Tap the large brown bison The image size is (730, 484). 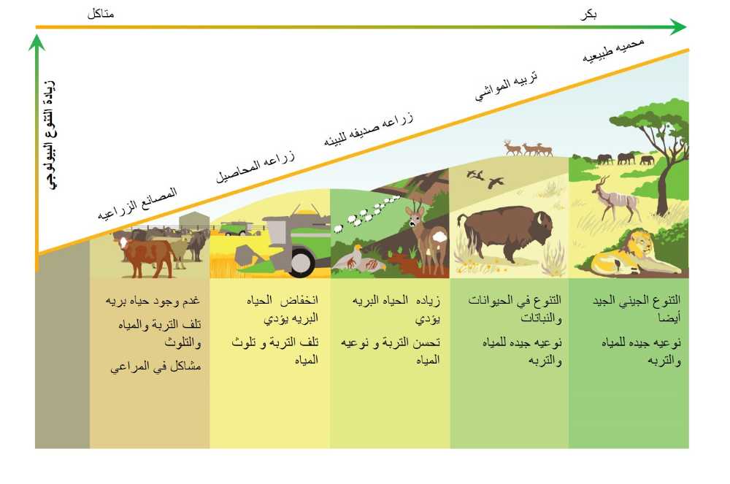coord(505,233)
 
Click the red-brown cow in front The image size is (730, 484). coord(145,256)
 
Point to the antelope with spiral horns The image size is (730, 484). coord(614,199)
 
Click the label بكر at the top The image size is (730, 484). coord(589,15)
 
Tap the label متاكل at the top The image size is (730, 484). coord(101,14)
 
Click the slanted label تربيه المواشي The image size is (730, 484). coord(506,85)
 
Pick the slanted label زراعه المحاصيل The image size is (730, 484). coord(255,166)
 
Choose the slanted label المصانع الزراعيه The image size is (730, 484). coord(137,204)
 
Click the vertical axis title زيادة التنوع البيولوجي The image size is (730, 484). coord(52,135)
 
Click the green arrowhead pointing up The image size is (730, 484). coord(36,43)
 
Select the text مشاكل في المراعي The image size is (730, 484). coord(155,367)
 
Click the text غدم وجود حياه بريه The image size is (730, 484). coord(153,301)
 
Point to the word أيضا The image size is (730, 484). coord(669,318)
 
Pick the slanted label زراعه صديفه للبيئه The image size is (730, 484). coord(368,129)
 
